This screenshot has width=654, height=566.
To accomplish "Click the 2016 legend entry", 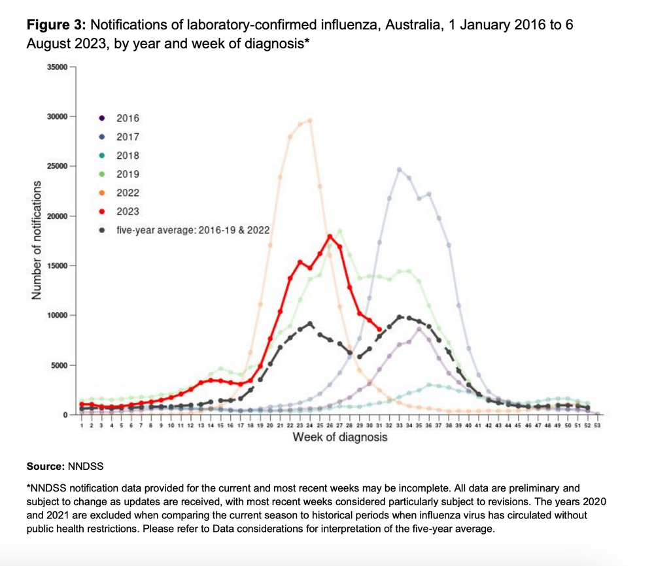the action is coord(119,118).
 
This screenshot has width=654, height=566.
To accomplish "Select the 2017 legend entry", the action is coord(119,137).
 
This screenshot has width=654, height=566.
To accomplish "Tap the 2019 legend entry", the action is coord(119,175).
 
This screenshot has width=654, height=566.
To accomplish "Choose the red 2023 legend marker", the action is coord(102,212).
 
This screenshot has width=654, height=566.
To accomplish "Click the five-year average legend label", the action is coord(193,230).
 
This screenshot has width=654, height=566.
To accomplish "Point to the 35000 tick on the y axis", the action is coord(57,67).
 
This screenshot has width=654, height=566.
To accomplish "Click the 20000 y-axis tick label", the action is coord(57,216).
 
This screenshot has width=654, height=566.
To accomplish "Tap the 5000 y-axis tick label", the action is coord(60,365).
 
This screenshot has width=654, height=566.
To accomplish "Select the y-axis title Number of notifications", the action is coord(37,240).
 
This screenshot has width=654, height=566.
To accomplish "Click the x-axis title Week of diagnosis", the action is coord(340,437).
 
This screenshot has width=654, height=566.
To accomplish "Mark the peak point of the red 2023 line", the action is coord(330,237).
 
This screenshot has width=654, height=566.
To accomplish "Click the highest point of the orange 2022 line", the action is coord(310,120).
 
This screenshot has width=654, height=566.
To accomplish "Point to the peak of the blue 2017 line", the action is coord(399,170).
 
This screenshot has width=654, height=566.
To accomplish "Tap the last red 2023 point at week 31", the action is coord(379,329).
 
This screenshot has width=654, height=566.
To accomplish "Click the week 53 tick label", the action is coord(597,425).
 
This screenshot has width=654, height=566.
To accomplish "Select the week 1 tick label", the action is coord(82,425).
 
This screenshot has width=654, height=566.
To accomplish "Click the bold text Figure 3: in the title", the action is coord(56,25).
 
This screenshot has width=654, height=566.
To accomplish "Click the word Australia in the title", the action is coord(412,25).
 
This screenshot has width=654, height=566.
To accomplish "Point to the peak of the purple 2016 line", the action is coord(419,329).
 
